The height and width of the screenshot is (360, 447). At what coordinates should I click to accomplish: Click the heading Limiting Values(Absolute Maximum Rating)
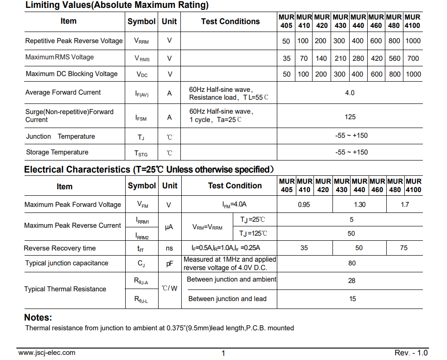(117, 6)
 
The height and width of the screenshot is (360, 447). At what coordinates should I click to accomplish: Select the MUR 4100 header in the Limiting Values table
(413, 21)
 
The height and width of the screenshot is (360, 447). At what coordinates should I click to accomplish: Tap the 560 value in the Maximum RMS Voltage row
(394, 58)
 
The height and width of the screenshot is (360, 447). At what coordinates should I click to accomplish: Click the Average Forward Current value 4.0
(350, 93)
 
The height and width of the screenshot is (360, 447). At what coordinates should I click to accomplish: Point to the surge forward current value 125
(350, 117)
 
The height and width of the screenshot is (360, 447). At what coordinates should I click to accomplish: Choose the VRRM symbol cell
(141, 41)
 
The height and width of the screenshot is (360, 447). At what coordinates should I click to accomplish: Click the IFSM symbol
(141, 118)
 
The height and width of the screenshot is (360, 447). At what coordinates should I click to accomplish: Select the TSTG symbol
(141, 153)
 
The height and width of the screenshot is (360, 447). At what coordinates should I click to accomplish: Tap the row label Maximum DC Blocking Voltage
(71, 74)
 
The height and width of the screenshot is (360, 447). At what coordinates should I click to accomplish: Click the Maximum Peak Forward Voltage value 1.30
(359, 205)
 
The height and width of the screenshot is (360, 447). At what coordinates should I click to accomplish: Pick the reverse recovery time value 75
(404, 248)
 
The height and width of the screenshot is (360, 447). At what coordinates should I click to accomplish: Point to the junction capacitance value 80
(352, 263)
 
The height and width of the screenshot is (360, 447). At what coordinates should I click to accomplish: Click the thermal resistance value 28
(352, 280)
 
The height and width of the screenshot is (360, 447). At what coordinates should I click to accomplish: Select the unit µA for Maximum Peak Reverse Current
(169, 227)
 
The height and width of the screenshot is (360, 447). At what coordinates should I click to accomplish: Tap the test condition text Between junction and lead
(227, 299)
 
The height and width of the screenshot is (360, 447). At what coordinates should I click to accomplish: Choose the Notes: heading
(38, 318)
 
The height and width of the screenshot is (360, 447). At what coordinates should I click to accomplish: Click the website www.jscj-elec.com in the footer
(47, 353)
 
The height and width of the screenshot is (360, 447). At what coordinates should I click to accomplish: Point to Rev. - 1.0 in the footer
(411, 353)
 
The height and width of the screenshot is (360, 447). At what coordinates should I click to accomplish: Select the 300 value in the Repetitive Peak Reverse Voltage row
(339, 41)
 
